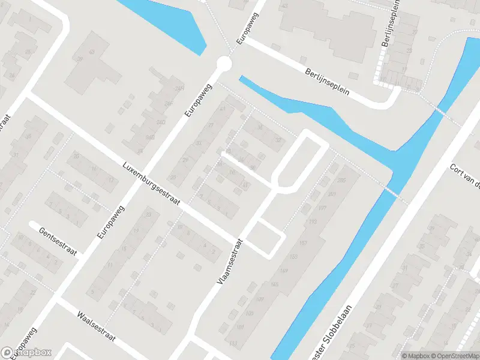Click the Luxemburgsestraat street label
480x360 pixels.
pos(151,183)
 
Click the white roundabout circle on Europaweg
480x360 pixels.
pos(224,63)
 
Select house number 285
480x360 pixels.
pos(341,181)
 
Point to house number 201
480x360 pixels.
pos(332,194)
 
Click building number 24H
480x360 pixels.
pos(178,88)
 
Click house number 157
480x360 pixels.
pos(302,242)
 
